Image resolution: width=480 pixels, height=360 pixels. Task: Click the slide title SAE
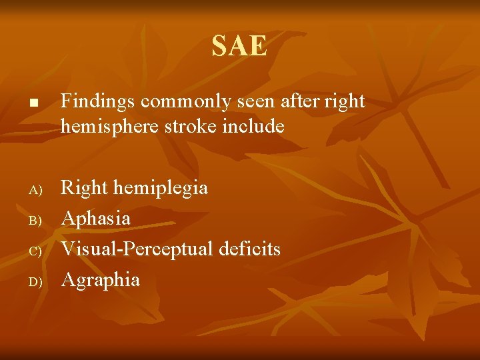point(239,47)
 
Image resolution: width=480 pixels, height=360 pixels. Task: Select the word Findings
point(99,102)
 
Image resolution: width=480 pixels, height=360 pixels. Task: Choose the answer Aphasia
point(95,219)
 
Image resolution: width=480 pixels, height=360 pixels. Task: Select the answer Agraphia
point(100,280)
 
